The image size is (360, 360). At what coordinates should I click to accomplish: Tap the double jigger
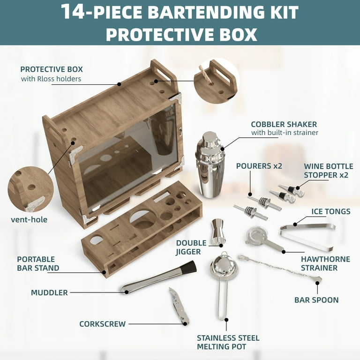coord(218,232)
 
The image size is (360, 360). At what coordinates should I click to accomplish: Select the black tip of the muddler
coord(189,267)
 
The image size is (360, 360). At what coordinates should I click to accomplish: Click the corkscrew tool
coord(179,306)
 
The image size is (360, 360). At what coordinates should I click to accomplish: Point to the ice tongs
coord(307,236)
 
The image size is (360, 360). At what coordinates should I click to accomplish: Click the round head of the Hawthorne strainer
coord(256,235)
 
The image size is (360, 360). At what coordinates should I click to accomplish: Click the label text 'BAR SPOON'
coord(316,300)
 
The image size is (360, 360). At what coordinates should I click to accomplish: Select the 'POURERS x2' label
coord(259,166)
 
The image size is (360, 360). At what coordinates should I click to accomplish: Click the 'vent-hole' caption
coord(29,219)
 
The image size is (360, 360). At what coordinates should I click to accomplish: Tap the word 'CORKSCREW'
coord(102,324)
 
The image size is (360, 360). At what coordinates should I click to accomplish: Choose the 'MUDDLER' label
coord(49,292)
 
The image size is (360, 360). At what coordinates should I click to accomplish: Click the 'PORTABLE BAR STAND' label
coord(38,263)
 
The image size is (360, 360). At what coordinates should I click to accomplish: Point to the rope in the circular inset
coord(204,75)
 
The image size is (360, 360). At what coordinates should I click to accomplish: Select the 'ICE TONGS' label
coord(331,211)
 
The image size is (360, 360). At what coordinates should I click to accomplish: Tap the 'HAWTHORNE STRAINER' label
coord(326,263)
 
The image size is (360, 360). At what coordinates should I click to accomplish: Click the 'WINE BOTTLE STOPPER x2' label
coord(329,171)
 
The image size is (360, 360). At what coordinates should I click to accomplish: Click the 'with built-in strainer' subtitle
coord(285,133)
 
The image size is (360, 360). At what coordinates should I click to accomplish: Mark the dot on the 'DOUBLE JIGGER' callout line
coord(221,246)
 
